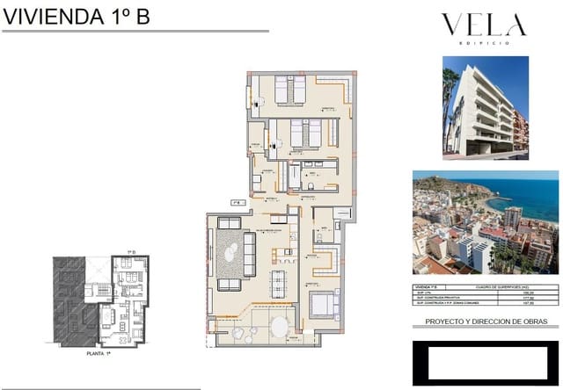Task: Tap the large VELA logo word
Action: click(483, 25)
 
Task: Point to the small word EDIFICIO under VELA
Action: click(483, 43)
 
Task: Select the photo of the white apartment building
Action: click(485, 107)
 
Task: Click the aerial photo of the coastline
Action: click(485, 222)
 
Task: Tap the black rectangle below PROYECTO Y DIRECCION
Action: click(485, 362)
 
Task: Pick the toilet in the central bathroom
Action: click(311, 186)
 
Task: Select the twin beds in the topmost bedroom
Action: click(289, 89)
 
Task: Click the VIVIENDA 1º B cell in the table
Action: click(429, 287)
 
